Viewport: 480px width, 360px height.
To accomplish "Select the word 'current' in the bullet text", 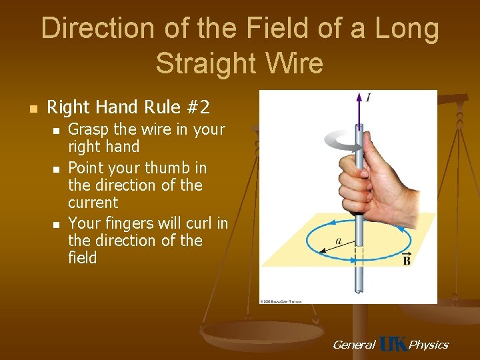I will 93,203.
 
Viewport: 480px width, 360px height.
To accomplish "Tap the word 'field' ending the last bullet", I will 83,258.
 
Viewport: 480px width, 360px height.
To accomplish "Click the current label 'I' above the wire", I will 368,98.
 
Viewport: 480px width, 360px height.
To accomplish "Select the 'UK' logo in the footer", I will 393,344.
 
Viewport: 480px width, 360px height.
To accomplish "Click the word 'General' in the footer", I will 353,345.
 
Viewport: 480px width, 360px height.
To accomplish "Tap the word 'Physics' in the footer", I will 428,345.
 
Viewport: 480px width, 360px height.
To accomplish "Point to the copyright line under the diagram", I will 281,301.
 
